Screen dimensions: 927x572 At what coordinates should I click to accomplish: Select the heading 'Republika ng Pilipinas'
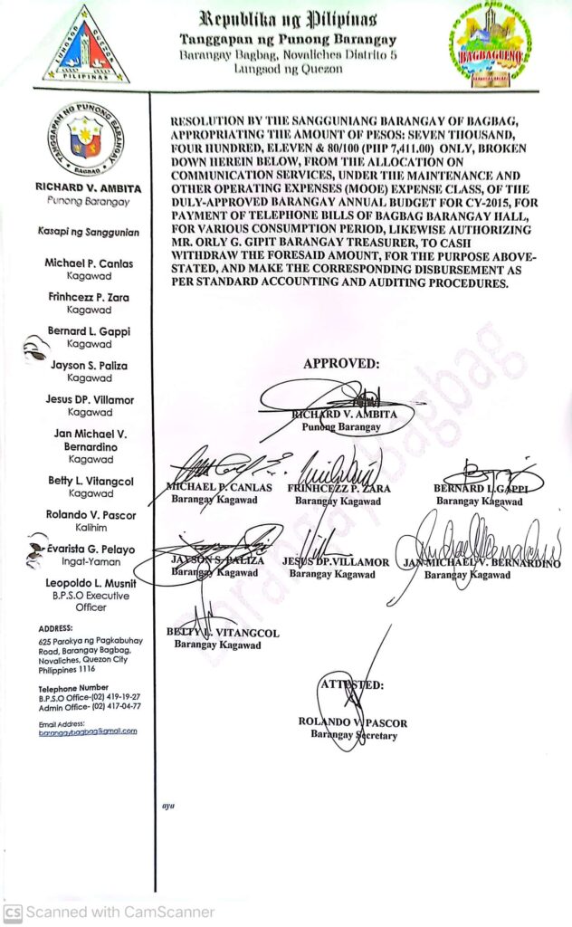coord(289,19)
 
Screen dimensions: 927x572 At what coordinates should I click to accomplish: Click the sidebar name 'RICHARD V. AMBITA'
coord(87,188)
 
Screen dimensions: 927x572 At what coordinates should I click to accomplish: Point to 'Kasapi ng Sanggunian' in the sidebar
coord(88,233)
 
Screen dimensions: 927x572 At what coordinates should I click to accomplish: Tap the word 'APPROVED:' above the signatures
coord(341,363)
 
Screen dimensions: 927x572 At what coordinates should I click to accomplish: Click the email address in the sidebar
coord(88,731)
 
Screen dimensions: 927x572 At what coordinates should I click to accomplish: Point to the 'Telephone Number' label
coord(73,687)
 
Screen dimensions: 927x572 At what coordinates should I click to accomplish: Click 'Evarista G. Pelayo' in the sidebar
coord(91,550)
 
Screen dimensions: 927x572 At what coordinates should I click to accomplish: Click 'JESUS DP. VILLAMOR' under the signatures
coord(336,562)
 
